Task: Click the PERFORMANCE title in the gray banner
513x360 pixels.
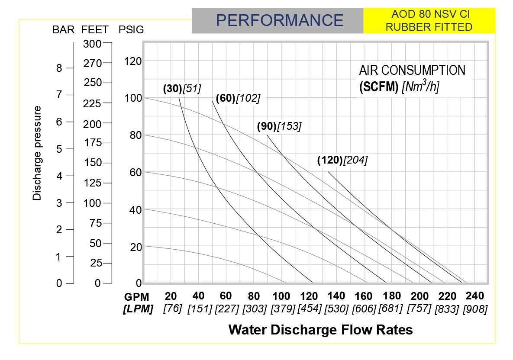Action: coord(279,20)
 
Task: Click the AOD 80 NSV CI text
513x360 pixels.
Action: coord(429,14)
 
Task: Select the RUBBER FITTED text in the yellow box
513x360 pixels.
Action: coord(429,27)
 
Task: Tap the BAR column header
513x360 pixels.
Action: coord(64,30)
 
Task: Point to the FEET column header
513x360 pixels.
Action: coord(95,30)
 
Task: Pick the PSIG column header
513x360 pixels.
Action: coord(131,30)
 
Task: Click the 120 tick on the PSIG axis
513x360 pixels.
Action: coord(132,61)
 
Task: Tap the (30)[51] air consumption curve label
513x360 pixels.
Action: coord(182,89)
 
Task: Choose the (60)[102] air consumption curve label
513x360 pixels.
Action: coord(238,99)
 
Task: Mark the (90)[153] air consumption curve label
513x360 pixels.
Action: coord(279,126)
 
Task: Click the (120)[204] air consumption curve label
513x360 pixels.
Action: coord(342,160)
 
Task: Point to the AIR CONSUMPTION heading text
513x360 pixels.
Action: coord(412,71)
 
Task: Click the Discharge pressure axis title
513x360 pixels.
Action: coord(38,153)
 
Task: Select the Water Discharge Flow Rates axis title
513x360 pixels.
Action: coord(320,330)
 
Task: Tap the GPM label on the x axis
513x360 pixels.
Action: coord(137,297)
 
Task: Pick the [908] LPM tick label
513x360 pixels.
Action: coord(475,309)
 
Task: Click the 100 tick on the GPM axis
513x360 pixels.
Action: coord(281,296)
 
